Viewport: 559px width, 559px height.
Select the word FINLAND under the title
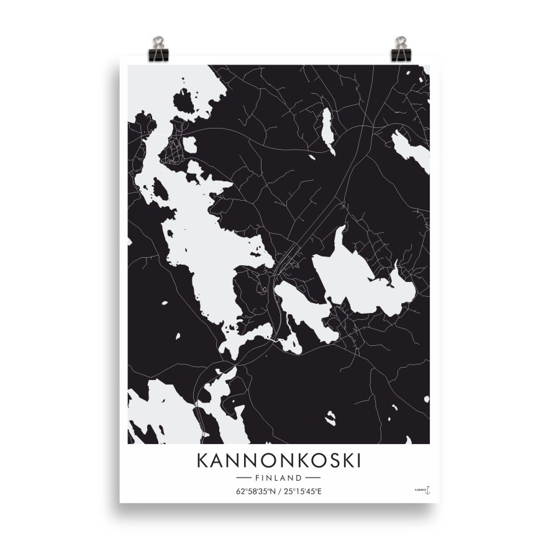tap(278, 478)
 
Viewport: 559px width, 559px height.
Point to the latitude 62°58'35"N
tap(255, 492)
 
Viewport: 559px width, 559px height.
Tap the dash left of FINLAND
tap(244, 478)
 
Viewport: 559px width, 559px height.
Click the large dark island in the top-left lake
tap(184, 100)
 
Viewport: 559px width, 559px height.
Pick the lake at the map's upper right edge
tap(411, 149)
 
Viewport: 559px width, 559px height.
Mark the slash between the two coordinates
tap(279, 492)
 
